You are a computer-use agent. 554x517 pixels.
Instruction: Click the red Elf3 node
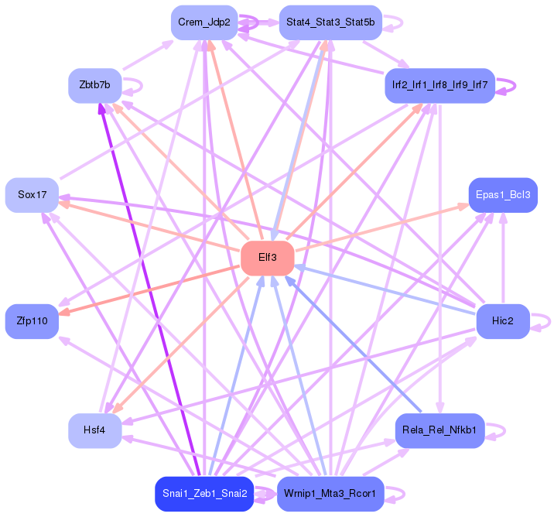pyautogui.click(x=268, y=258)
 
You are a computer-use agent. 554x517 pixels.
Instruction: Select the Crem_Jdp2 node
pyautogui.click(x=204, y=22)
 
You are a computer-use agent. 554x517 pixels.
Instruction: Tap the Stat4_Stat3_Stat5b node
pyautogui.click(x=330, y=22)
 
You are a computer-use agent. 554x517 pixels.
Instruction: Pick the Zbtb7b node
pyautogui.click(x=94, y=85)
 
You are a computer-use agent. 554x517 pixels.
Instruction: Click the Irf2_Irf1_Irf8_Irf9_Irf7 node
pyautogui.click(x=439, y=85)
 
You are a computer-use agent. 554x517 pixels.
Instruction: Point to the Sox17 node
pyautogui.click(x=32, y=195)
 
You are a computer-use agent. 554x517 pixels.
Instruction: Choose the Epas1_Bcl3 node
pyautogui.click(x=503, y=195)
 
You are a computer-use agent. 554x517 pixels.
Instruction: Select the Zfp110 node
pyautogui.click(x=32, y=320)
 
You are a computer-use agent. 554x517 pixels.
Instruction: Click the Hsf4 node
pyautogui.click(x=94, y=430)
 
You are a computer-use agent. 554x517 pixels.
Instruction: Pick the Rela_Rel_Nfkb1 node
pyautogui.click(x=439, y=430)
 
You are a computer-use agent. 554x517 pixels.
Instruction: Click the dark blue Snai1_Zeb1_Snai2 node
pyautogui.click(x=204, y=494)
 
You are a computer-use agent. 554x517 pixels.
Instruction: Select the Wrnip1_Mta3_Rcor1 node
pyautogui.click(x=330, y=494)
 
